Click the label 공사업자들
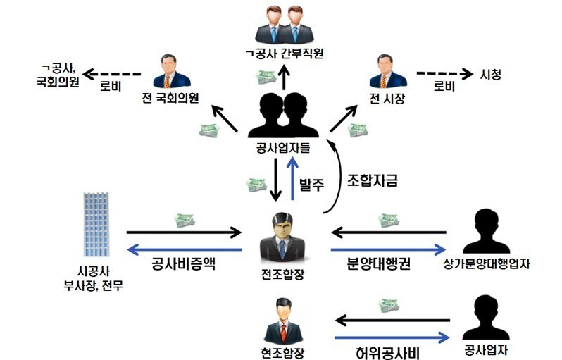285,148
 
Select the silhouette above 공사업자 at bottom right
485,317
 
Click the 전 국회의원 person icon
171,70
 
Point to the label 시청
491,74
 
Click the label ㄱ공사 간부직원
285,55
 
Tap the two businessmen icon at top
285,25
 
